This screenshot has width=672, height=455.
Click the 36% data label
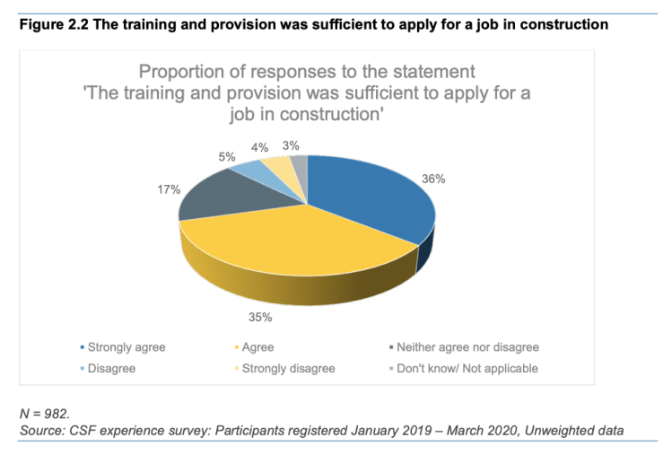pyautogui.click(x=434, y=179)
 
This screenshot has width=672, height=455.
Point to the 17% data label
pyautogui.click(x=170, y=189)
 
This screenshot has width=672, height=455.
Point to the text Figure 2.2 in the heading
pyautogui.click(x=48, y=24)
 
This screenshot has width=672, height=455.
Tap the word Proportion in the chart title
pyautogui.click(x=181, y=70)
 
